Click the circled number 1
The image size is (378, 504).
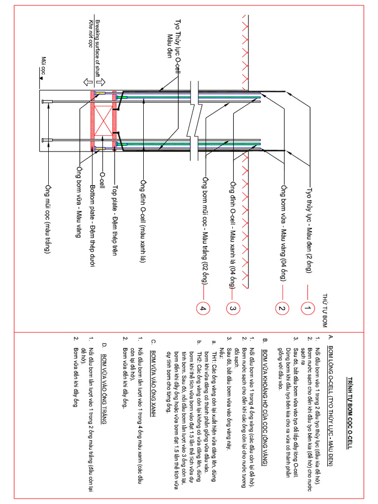click(x=308, y=309)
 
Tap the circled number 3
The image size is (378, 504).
click(x=232, y=309)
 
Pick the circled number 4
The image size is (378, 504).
click(x=203, y=309)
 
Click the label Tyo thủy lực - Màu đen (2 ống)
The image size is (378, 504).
click(x=309, y=229)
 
